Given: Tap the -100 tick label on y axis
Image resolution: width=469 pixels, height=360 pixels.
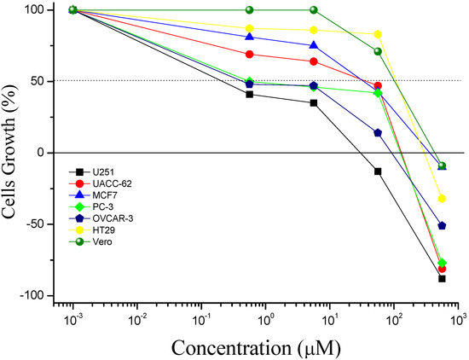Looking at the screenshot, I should coord(32,295).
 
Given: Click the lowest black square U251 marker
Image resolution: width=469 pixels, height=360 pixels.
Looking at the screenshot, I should coord(442,278).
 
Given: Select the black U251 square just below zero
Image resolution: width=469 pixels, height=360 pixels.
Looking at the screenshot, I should coord(378,171).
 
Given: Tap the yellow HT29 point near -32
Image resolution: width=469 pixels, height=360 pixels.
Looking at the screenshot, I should coord(442,199).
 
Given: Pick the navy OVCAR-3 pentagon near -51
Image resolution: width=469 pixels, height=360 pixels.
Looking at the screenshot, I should coord(442,226).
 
